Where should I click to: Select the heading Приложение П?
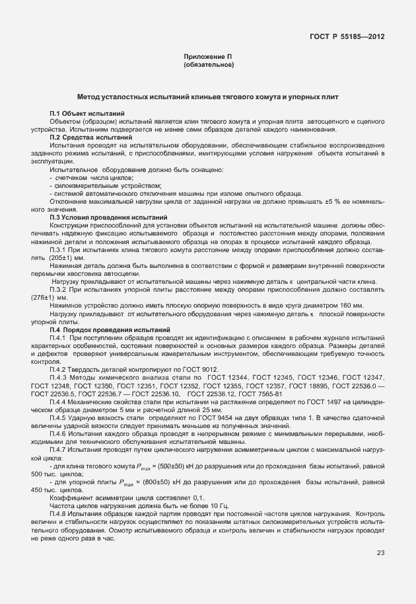click(208, 58)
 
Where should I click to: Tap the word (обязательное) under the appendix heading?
click(208, 65)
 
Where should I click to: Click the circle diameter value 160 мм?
click(349, 306)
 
